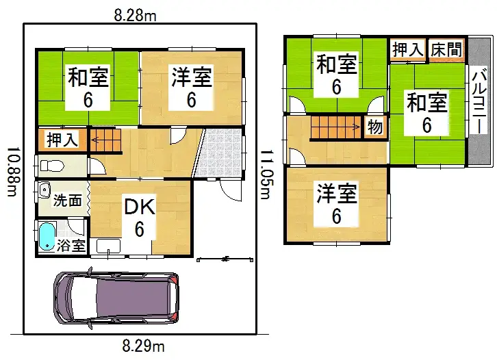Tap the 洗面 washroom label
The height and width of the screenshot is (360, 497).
tap(68, 201)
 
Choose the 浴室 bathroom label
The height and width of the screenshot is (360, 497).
tap(71, 245)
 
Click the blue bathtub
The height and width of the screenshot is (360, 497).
tap(46, 237)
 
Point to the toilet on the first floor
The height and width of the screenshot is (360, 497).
tap(51, 165)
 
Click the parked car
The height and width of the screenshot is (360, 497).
tap(116, 299)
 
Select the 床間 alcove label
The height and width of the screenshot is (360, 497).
tap(446, 50)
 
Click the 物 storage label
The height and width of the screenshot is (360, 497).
tap(374, 127)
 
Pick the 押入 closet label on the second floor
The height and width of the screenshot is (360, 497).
tap(407, 50)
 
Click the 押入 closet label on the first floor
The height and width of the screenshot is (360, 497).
tap(62, 140)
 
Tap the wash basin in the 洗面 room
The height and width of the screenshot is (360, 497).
tap(45, 190)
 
